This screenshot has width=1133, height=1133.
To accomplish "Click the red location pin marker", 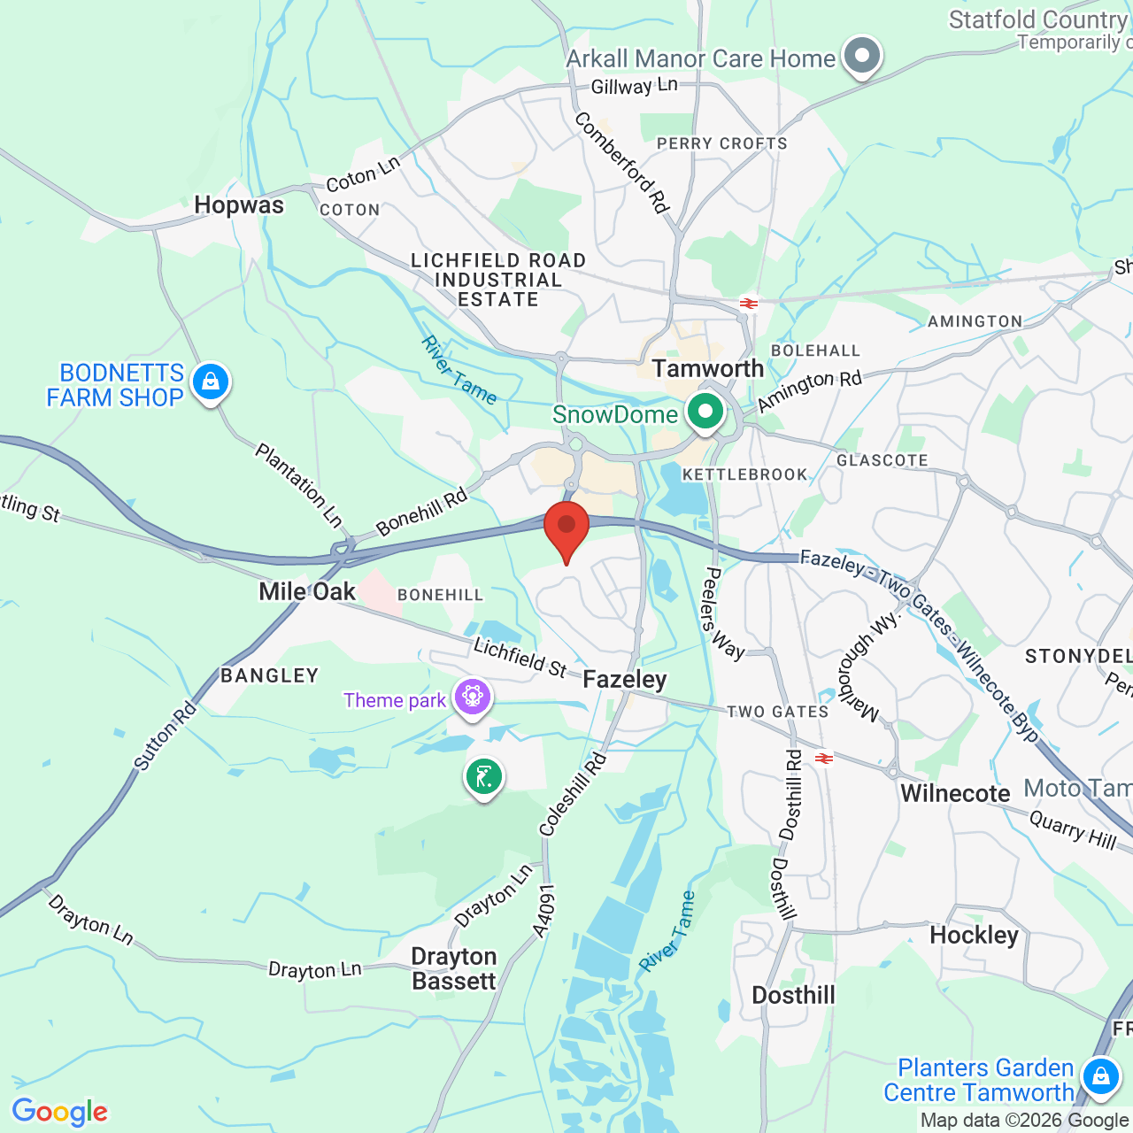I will click(566, 528).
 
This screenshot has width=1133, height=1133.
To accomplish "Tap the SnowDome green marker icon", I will click(705, 412).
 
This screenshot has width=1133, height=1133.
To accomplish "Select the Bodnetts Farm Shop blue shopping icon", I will click(210, 382).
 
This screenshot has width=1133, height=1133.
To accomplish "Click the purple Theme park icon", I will click(473, 698).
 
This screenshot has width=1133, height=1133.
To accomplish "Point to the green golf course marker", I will click(484, 778).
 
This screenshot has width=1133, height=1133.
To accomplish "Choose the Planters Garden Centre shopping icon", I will click(1100, 1077).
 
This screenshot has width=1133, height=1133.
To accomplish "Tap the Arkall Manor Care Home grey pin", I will click(861, 56).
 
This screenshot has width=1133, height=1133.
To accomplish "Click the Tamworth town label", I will click(707, 368).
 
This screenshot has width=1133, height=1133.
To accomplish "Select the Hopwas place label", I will click(239, 205).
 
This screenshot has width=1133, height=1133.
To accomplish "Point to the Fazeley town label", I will click(625, 680).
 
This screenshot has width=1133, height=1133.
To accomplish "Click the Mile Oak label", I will click(307, 591).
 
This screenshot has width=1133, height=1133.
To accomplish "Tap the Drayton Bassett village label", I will click(454, 969).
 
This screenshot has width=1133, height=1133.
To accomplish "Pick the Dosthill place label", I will click(793, 996).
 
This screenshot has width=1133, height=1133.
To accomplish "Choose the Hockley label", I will click(974, 936).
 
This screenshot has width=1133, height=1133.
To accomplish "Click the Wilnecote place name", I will click(955, 793).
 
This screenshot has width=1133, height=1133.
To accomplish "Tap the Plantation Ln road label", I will click(298, 486).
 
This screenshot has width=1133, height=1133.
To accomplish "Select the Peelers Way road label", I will click(722, 613).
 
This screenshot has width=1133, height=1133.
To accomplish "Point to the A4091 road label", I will click(544, 910).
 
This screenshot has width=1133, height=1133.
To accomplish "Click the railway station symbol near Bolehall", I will click(749, 304).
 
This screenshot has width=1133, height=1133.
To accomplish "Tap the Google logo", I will click(59, 1112).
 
